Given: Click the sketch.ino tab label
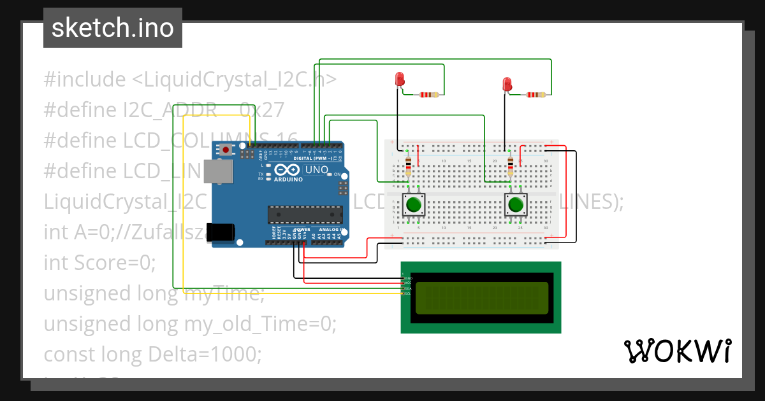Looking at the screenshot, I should pos(112,28).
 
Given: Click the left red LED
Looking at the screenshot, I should pos(400,80).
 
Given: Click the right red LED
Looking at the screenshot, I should pos(507,84).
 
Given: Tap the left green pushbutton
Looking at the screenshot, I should pos(414,205).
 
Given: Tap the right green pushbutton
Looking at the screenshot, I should pos(516,205).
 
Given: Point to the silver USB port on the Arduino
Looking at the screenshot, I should pos(222,172).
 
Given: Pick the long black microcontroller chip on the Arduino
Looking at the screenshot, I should pos(301,215).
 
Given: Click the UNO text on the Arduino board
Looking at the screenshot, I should pos(317,170).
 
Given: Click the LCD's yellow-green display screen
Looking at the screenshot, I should pos(481,298).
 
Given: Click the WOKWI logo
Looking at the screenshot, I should pos(677,351).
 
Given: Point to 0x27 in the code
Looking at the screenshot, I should pos(262,110).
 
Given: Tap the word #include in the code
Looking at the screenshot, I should pos(85,80).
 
